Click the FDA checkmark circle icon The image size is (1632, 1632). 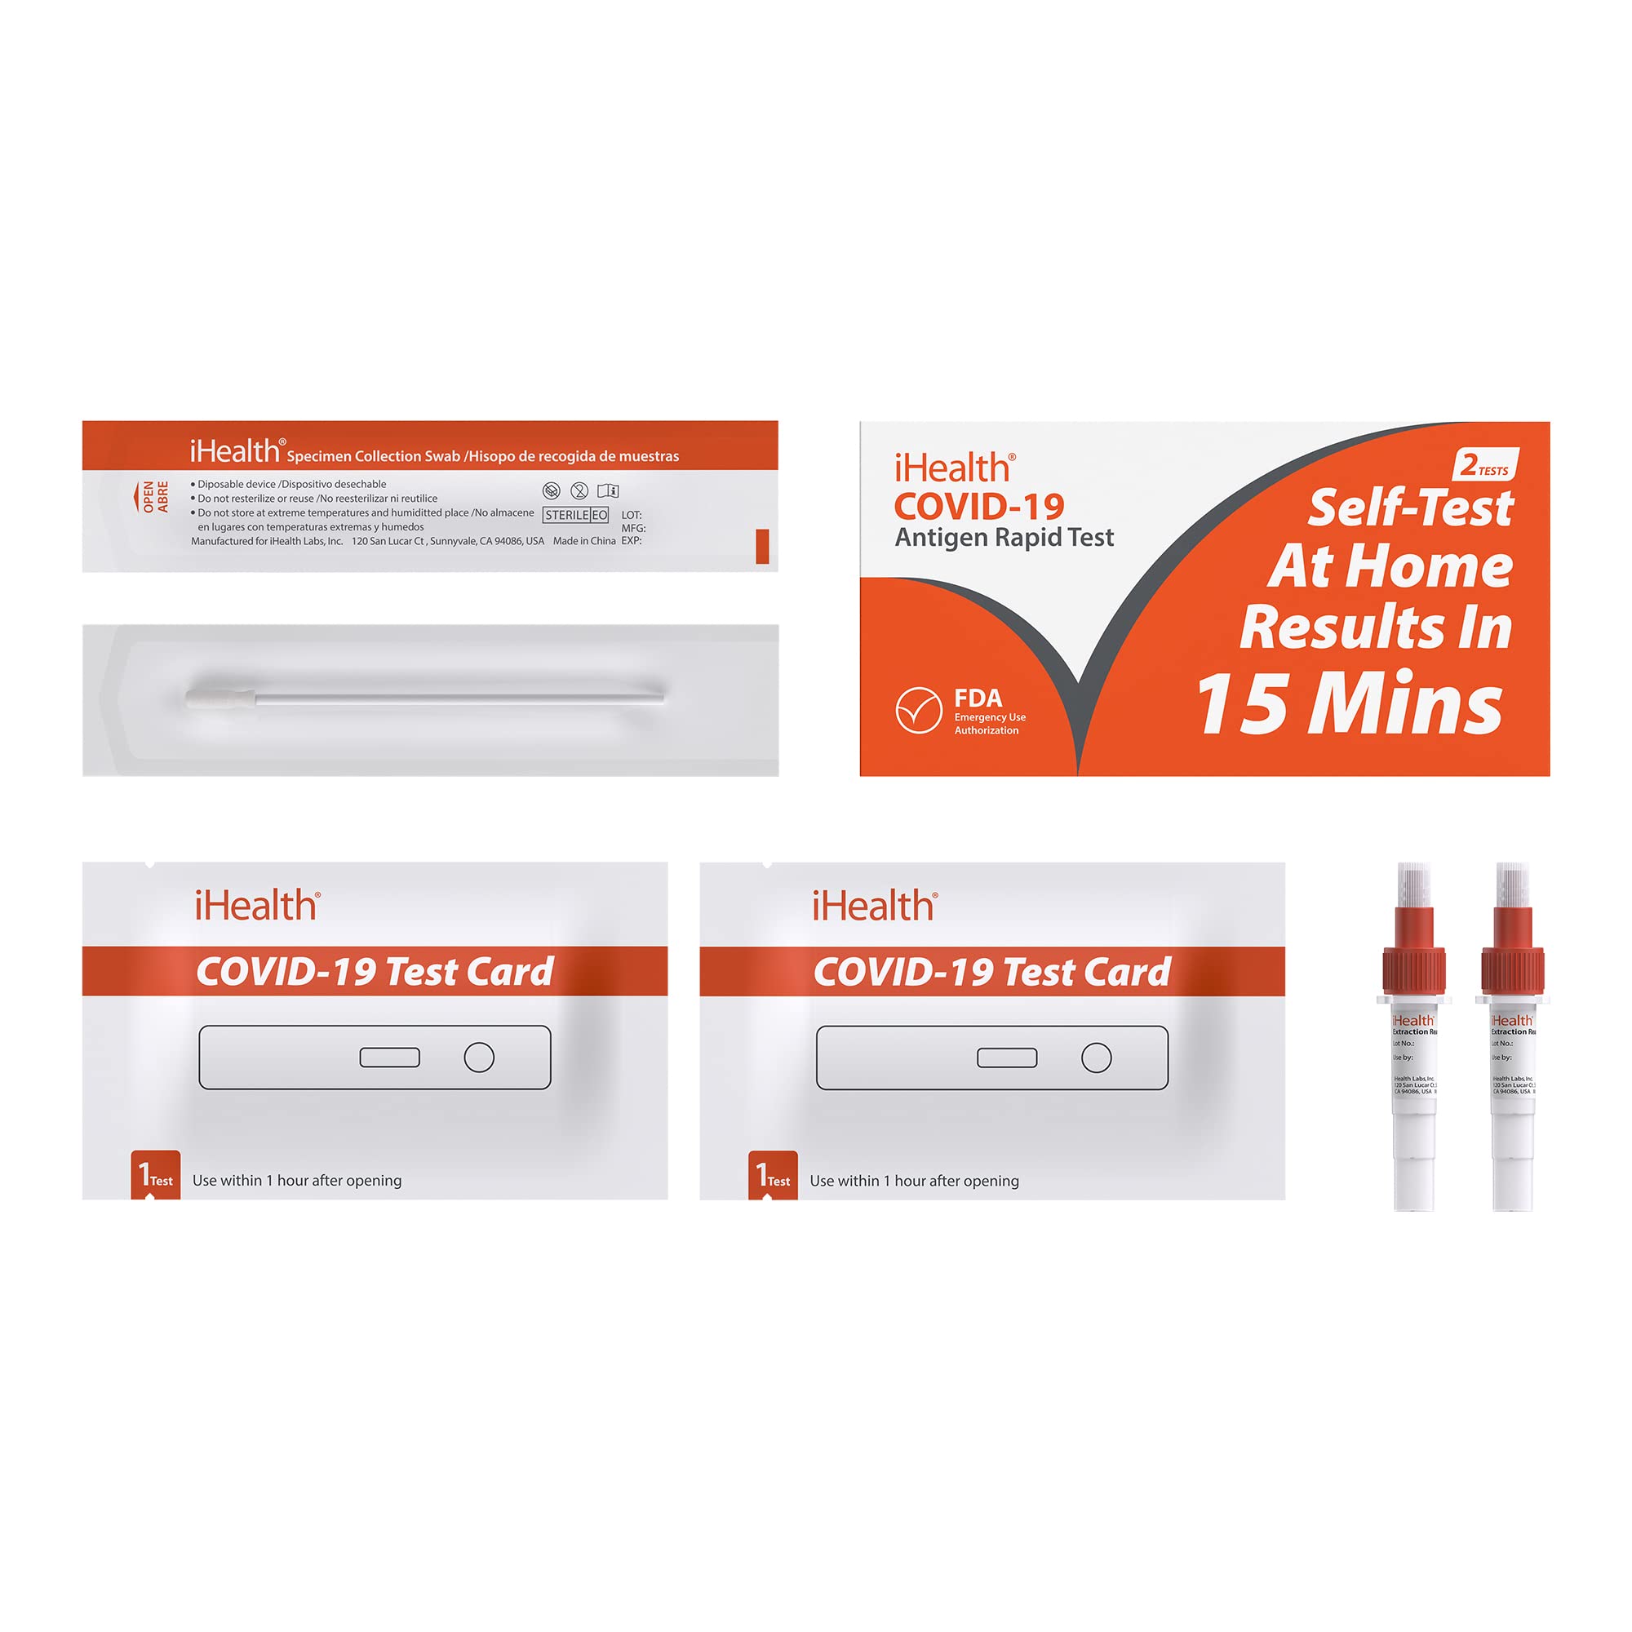918,711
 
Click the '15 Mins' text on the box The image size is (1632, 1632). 1350,703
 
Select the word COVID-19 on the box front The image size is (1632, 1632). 979,507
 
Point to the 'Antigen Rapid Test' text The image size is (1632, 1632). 1004,537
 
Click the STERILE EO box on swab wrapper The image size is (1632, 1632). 576,514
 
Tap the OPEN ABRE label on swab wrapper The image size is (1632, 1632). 154,497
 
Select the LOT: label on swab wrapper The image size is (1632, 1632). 631,514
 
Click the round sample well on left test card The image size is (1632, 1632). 479,1057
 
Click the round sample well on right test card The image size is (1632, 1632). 1097,1058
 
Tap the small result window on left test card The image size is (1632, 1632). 389,1057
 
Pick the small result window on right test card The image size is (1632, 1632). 1007,1058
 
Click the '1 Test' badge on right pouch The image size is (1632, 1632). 773,1175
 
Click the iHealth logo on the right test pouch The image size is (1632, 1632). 874,907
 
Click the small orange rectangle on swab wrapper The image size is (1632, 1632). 762,546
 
